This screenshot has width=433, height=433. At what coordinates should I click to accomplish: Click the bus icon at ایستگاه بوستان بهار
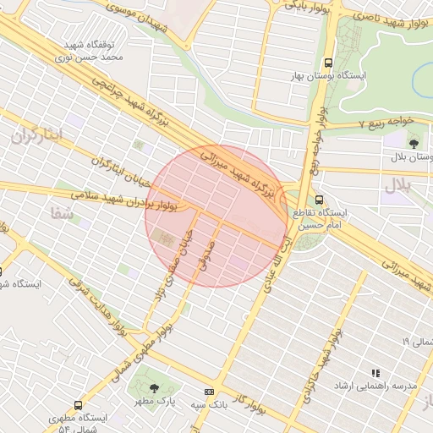(x=329, y=62)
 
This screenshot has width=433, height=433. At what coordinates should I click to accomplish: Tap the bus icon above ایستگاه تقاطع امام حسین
(x=319, y=200)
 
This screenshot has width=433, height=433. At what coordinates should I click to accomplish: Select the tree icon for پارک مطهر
(x=140, y=388)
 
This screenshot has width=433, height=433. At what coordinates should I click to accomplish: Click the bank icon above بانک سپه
(x=209, y=392)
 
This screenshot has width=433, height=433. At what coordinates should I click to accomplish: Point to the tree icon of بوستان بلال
(x=414, y=143)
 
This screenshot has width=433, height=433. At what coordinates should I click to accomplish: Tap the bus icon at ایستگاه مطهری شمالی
(x=79, y=405)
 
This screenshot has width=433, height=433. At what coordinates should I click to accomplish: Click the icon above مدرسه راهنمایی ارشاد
(x=375, y=372)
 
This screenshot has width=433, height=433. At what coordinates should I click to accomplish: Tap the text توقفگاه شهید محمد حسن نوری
(x=89, y=51)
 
